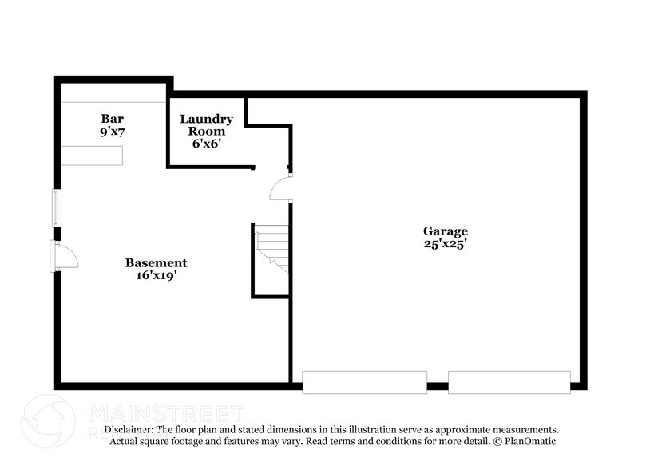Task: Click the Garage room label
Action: coord(445,231)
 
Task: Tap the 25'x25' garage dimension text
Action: coord(445,244)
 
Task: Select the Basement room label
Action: coord(156,262)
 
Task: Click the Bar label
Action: coord(111,118)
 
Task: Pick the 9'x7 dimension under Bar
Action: coord(111,132)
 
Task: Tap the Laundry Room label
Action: coord(206,125)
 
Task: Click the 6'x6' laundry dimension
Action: coord(206,144)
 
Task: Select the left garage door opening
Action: coord(364,382)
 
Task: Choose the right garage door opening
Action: coord(509,382)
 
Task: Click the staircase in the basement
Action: coord(271,247)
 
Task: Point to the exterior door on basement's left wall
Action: coord(64,257)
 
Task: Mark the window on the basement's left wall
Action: coord(56,207)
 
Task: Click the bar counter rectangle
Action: coord(94,155)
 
